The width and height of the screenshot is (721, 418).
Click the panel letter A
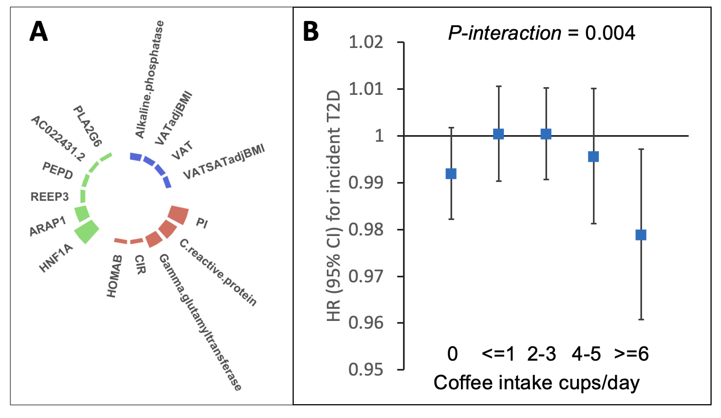(39, 32)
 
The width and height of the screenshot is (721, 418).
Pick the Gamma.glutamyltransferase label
(200, 322)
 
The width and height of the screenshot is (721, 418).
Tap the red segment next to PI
(178, 213)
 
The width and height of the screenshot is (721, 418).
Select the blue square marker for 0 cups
(451, 174)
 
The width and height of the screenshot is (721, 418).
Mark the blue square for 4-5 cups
(593, 157)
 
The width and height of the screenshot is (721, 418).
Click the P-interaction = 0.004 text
(541, 33)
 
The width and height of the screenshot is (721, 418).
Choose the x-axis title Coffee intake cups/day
(537, 383)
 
